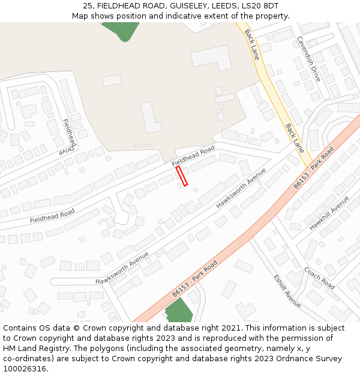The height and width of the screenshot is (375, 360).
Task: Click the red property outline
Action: point(182,176)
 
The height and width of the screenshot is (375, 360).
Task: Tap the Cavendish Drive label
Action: point(308,59)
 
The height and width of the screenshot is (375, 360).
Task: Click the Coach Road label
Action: point(319,278)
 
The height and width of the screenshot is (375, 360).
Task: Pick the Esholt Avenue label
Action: point(287,291)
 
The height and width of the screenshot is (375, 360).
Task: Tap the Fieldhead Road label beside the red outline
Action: point(193,156)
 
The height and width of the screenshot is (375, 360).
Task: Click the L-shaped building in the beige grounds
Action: point(151,118)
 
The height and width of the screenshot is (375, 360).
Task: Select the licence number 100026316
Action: point(23,369)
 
